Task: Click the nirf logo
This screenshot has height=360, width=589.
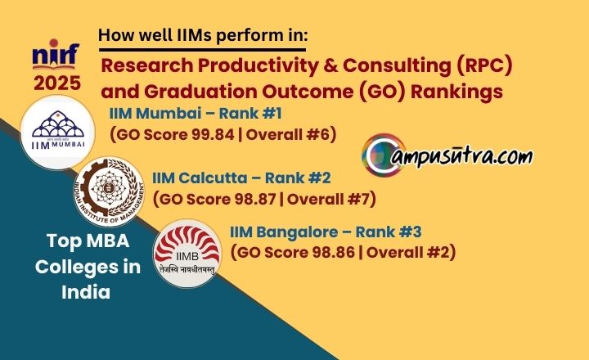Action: point(56,55)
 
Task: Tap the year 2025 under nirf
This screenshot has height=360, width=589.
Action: point(57,83)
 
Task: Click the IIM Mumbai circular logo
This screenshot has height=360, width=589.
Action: point(57,132)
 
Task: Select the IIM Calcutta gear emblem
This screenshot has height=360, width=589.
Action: point(109,191)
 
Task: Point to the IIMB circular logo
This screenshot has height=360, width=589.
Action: point(187,254)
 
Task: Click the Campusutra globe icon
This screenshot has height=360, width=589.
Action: point(384,155)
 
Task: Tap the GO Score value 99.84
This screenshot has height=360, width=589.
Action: point(213,134)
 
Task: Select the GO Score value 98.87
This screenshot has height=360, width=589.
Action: point(255,199)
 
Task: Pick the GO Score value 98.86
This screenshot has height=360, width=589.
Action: point(334,252)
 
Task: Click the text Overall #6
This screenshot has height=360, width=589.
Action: point(287,134)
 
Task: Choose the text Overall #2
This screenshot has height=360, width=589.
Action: point(408,252)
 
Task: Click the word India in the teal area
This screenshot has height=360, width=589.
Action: point(86,292)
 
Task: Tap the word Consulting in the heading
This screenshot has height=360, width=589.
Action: point(396,66)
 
